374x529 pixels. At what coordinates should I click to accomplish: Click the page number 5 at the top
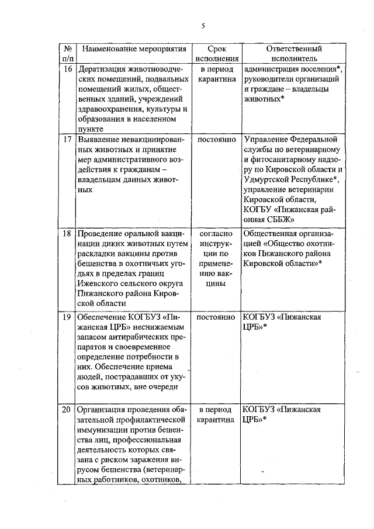pos(202,25)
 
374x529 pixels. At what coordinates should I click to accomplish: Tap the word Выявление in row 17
pos(99,140)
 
